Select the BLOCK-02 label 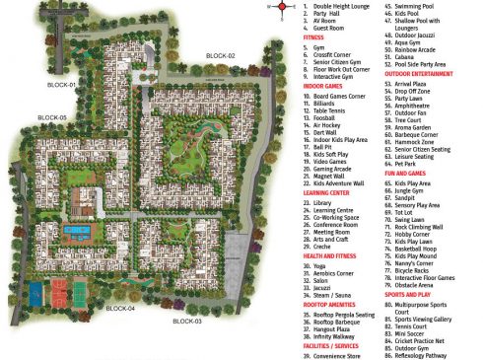tap(220, 56)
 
